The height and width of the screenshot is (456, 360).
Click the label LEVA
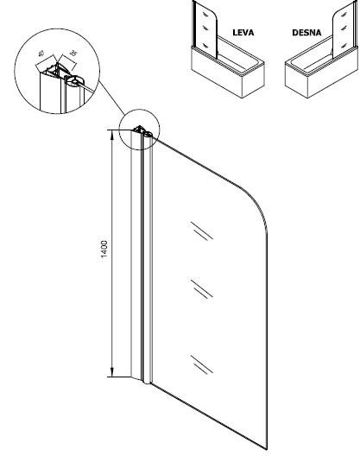click(243, 32)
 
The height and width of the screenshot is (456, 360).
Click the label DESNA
click(306, 32)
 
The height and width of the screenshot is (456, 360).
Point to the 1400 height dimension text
click(104, 249)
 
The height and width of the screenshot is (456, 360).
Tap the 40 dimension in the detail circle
click(41, 54)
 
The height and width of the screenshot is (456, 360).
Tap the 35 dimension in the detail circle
click(74, 54)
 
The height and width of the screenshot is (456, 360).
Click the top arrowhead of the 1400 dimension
click(112, 134)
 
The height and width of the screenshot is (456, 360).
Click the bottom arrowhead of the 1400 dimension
click(112, 372)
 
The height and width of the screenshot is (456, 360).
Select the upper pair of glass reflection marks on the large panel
click(202, 231)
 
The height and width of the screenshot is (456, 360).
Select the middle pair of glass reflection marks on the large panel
click(202, 288)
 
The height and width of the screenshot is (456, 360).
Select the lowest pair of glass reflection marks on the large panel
click(202, 364)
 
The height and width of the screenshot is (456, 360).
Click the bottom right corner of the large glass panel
click(267, 450)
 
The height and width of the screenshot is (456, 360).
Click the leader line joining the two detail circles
click(111, 98)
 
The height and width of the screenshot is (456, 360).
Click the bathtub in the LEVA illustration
click(228, 72)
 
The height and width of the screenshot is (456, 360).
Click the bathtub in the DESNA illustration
click(322, 72)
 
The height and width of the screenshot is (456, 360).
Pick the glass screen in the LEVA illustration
click(205, 29)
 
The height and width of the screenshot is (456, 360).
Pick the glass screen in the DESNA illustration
click(344, 28)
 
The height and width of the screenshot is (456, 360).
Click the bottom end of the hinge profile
click(147, 382)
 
